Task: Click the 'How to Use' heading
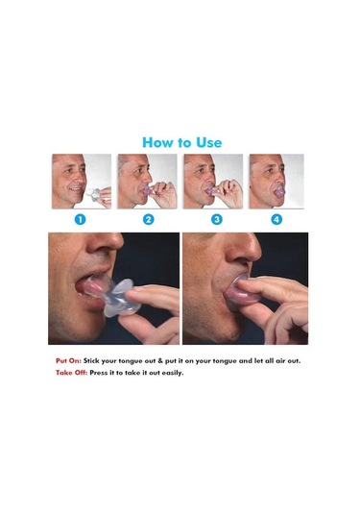tap(181, 142)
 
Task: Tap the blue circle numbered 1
tap(81, 219)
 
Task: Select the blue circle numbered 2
tap(149, 219)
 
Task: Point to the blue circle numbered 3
tap(217, 219)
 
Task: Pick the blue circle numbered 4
tap(276, 219)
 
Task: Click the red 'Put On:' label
tap(68, 361)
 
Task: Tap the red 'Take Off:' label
tap(71, 373)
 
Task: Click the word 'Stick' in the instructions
tap(91, 361)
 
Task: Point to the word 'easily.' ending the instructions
tap(172, 373)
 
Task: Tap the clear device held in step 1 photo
tap(93, 194)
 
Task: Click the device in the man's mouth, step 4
tap(279, 192)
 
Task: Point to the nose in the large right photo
tap(243, 248)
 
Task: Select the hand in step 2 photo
tap(163, 193)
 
